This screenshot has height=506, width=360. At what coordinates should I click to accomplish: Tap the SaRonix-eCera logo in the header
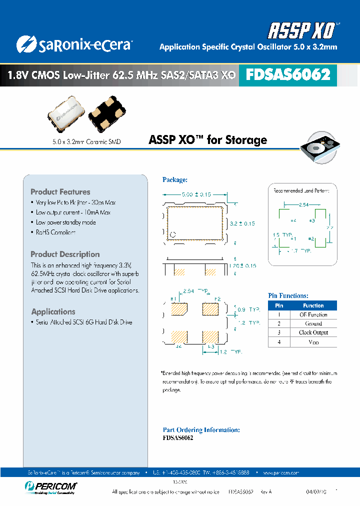74,45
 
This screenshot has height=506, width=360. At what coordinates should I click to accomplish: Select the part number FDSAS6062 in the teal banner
288,75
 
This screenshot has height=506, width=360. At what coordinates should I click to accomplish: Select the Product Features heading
60,192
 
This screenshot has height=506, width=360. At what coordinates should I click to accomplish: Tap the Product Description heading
65,254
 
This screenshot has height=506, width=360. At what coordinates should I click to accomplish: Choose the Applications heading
53,311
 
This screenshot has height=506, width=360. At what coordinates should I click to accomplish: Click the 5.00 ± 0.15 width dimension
196,194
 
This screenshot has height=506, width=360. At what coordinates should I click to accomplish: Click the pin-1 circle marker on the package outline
173,234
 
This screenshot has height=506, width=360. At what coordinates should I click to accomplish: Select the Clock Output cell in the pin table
313,332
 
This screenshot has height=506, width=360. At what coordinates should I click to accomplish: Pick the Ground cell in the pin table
313,323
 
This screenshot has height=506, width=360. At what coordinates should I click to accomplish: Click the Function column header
313,305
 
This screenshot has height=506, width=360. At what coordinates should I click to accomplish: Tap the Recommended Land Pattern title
304,190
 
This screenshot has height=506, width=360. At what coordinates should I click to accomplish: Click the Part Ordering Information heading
201,430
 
